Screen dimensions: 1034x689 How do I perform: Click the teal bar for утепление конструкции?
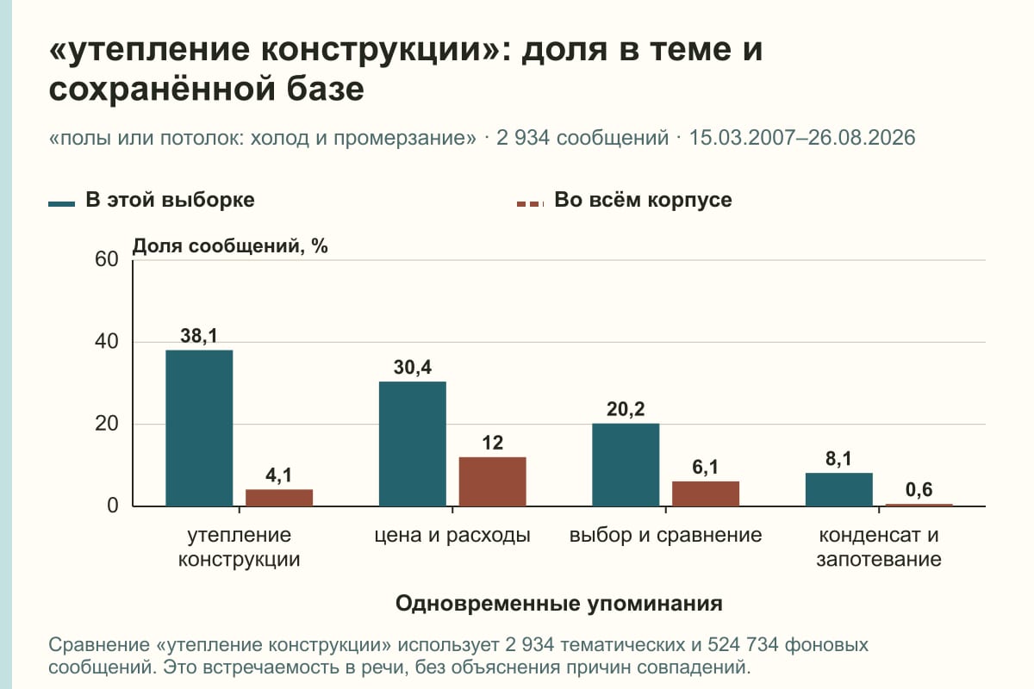click(x=199, y=428)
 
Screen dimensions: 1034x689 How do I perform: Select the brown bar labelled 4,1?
click(x=279, y=498)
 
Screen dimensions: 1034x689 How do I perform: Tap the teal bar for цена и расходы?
click(x=412, y=444)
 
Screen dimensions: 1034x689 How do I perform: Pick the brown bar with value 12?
click(x=492, y=481)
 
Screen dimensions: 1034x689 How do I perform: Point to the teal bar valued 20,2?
click(x=626, y=465)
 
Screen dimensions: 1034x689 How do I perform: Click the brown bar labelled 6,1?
click(x=706, y=493)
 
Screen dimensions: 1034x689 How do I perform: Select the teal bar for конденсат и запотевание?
click(x=838, y=490)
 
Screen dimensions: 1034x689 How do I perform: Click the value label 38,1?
click(x=198, y=336)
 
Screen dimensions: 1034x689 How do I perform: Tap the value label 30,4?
click(x=412, y=368)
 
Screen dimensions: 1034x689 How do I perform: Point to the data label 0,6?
click(x=919, y=490)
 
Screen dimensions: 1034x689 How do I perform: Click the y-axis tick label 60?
click(x=107, y=259)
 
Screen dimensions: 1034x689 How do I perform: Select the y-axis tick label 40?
click(x=107, y=342)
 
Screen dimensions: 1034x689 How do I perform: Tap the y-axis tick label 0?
click(x=113, y=506)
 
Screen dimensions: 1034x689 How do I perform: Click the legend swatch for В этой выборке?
click(x=61, y=203)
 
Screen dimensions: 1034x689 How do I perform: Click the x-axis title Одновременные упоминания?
click(x=559, y=604)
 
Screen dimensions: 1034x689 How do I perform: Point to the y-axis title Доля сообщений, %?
click(x=230, y=246)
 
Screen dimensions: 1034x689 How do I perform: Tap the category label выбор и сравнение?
click(x=665, y=536)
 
